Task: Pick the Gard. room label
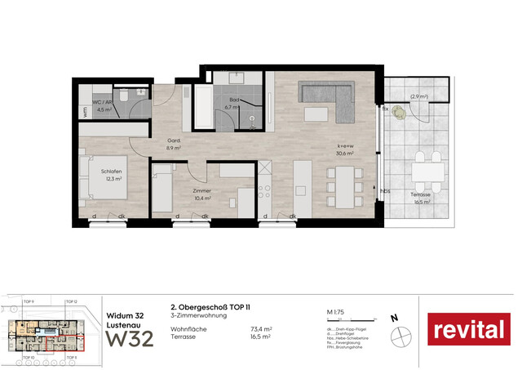point(174,141)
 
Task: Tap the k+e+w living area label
point(344,146)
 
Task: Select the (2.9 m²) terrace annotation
point(418,97)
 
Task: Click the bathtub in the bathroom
point(206,106)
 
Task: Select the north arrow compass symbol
point(401,334)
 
